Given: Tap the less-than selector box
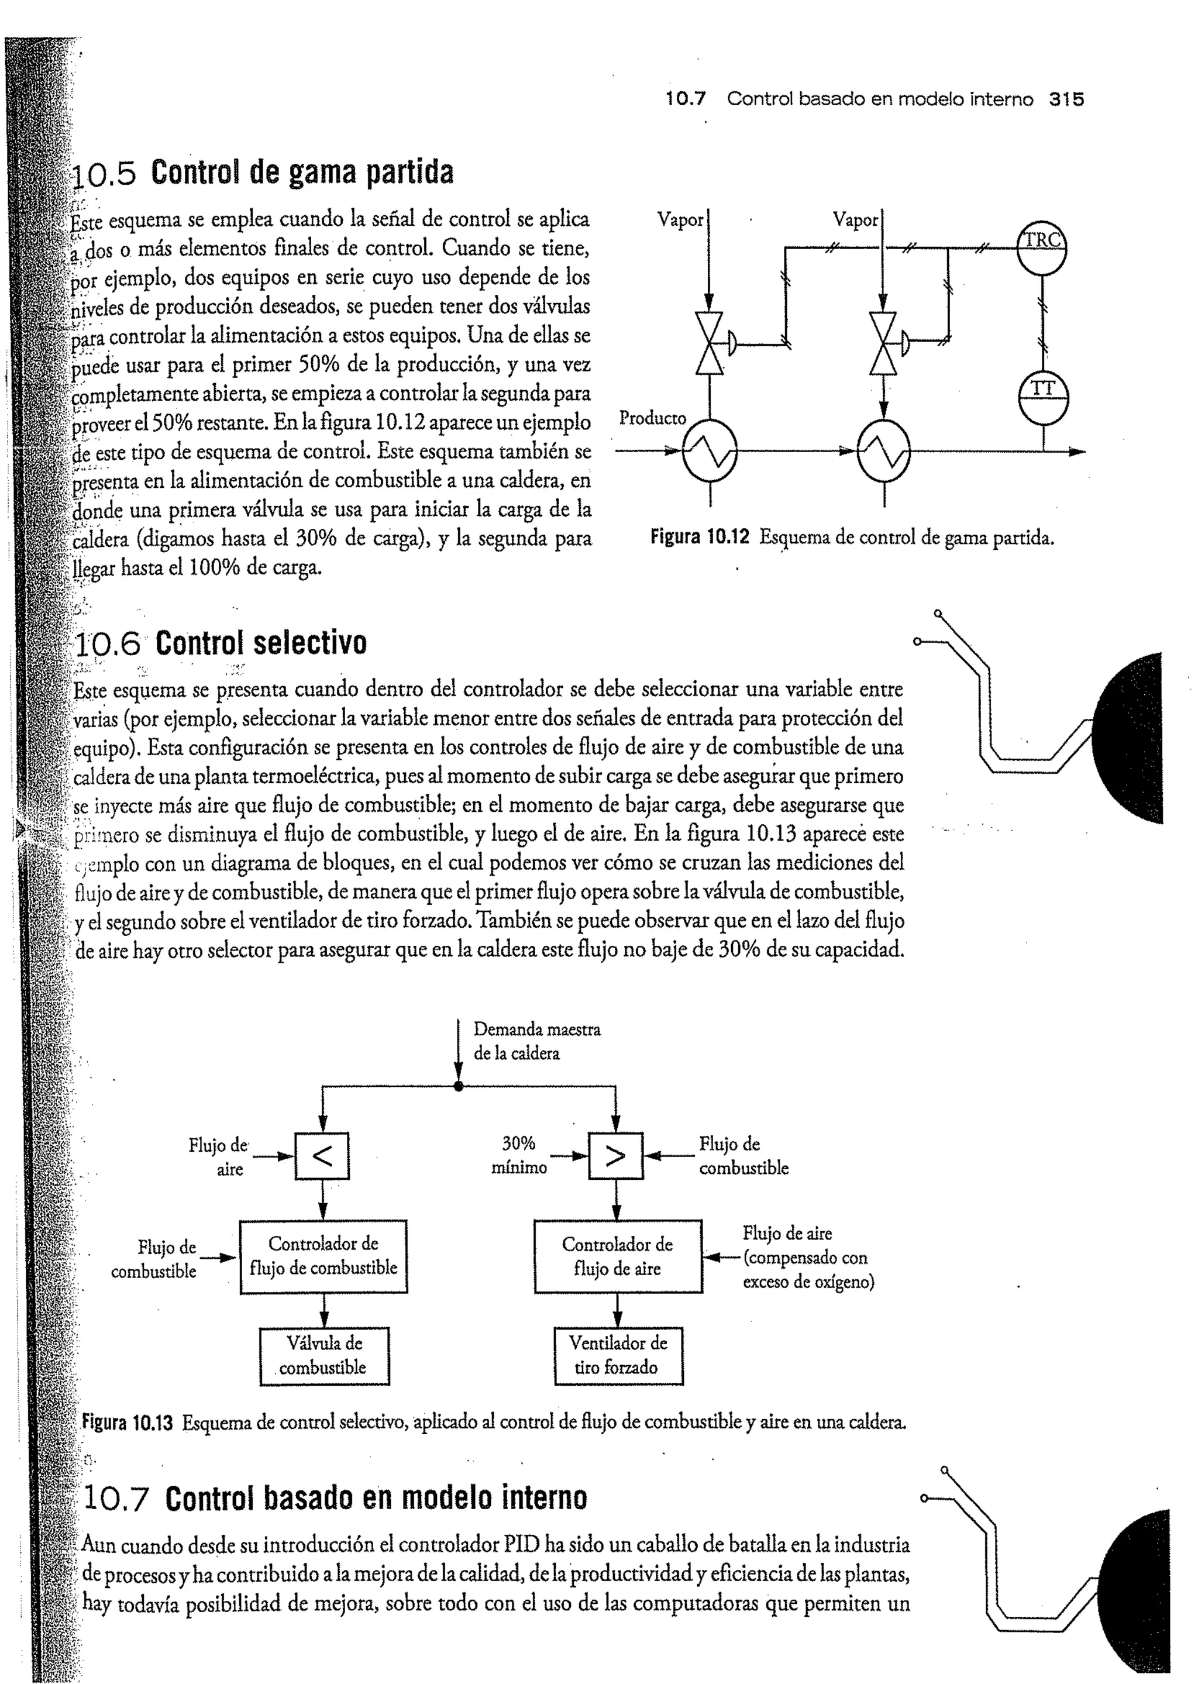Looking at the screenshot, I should (322, 1156).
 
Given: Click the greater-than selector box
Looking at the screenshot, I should (615, 1156).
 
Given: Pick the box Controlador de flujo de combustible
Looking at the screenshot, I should (323, 1256).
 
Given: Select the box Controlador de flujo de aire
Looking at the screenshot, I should (618, 1256).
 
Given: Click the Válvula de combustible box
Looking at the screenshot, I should (324, 1356).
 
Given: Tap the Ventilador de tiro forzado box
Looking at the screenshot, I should (618, 1356).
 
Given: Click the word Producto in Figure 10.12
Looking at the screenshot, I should (652, 418).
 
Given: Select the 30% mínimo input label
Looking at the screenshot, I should (519, 1155).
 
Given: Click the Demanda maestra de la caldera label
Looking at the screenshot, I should (536, 1041).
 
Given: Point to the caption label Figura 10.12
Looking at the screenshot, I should (700, 538).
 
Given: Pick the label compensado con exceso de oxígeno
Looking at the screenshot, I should (808, 1270).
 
